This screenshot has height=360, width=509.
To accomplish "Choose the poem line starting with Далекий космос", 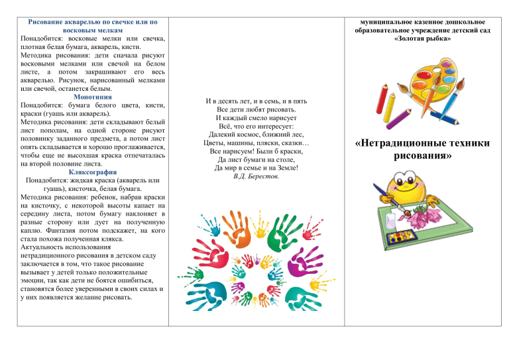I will tap(256, 135).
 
